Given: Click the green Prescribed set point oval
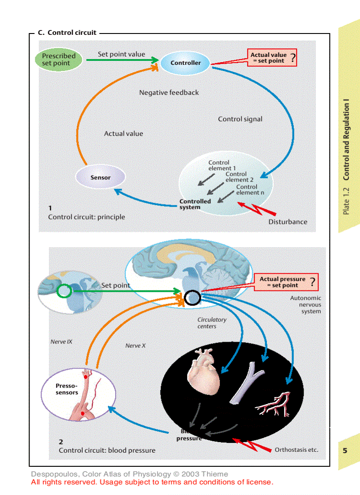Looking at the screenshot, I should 59,60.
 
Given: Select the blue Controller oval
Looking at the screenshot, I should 185,63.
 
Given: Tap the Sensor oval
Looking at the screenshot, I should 100,178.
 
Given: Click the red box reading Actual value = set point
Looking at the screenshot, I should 272,58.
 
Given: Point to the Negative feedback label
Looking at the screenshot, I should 169,93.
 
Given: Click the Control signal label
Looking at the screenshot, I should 240,119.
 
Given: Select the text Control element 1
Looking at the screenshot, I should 221,165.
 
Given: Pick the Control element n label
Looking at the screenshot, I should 250,190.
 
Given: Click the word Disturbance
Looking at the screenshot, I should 288,222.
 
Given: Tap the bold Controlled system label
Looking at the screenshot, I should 195,204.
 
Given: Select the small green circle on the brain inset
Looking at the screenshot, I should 64,291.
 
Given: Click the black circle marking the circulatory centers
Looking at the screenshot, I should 192,298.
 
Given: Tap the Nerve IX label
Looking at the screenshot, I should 61,342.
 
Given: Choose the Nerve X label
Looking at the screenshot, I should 135,346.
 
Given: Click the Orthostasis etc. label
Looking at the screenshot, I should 296,450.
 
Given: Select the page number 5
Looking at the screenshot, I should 345,450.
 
